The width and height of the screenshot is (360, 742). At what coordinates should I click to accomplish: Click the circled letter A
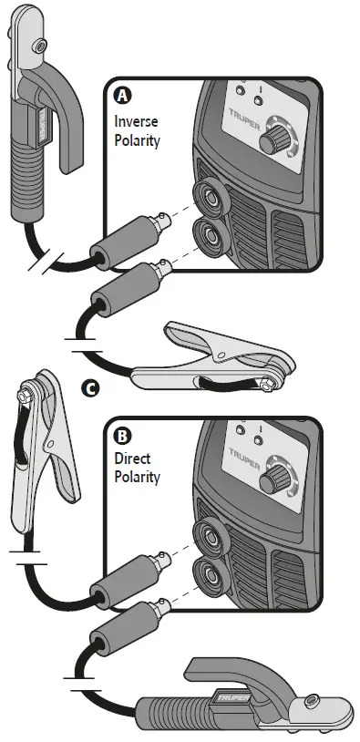click(x=120, y=94)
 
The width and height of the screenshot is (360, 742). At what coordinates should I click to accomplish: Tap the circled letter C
click(x=89, y=389)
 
